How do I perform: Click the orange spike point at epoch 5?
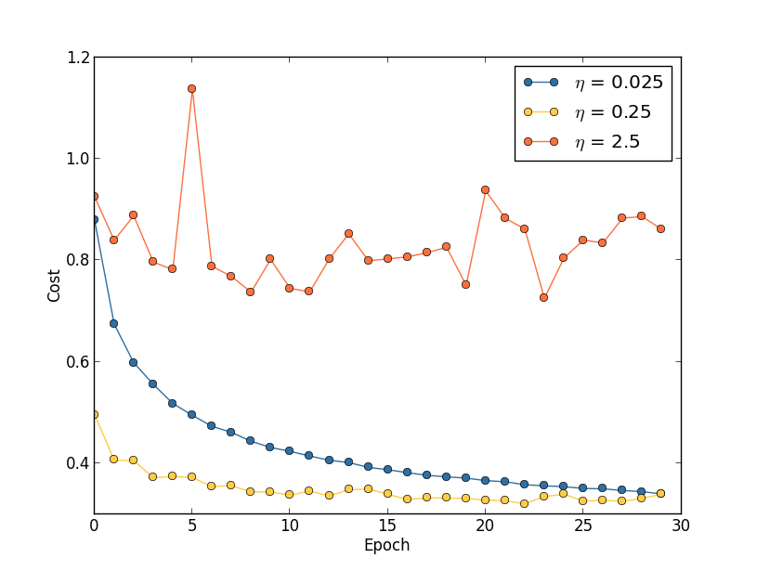[x=191, y=88]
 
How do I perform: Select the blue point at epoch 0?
[x=94, y=220]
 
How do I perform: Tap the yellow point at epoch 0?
[x=94, y=414]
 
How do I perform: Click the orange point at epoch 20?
[x=485, y=189]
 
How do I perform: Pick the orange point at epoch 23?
[x=543, y=297]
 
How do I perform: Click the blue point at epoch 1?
[x=113, y=323]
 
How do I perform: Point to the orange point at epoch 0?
[x=94, y=196]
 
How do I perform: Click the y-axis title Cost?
[x=55, y=285]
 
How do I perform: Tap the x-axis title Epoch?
[x=386, y=546]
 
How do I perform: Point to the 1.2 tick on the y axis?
[x=79, y=58]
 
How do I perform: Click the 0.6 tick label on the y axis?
[x=79, y=361]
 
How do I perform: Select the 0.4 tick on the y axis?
[x=79, y=462]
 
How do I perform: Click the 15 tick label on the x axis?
[x=386, y=525]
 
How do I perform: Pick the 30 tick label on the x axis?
[x=680, y=525]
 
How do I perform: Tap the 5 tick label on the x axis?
[x=191, y=525]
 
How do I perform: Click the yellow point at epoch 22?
[x=524, y=503]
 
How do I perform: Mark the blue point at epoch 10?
[x=289, y=451]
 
